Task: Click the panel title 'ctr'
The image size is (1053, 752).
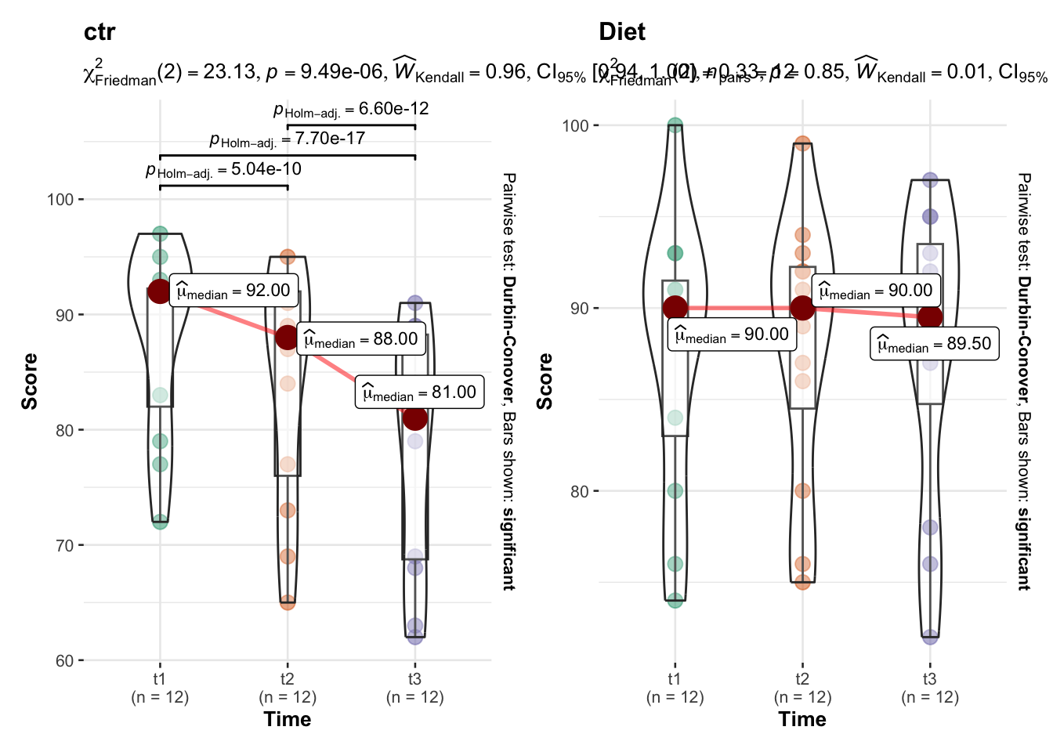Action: click(x=100, y=32)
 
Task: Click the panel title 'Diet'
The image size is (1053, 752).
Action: click(x=622, y=32)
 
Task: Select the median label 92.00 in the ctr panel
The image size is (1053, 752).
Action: click(x=233, y=291)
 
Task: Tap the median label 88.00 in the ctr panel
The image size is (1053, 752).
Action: click(x=360, y=338)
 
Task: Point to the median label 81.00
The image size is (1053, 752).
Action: click(x=419, y=392)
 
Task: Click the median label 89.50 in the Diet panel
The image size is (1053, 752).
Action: click(x=934, y=344)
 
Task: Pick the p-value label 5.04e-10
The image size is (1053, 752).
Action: click(x=223, y=170)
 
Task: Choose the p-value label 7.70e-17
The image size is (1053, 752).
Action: click(x=287, y=139)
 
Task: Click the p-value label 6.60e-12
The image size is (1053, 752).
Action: click(x=351, y=109)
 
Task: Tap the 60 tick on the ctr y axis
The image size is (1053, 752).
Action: click(x=64, y=661)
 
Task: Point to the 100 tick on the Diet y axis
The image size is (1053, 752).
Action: click(x=576, y=125)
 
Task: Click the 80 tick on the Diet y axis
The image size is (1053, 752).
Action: click(x=580, y=492)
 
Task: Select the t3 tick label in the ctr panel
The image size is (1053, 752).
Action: click(x=415, y=678)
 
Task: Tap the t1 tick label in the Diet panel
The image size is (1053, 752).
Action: click(x=675, y=678)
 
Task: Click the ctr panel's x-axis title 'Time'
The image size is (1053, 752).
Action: click(x=288, y=719)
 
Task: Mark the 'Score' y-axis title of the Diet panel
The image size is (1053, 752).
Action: click(x=545, y=381)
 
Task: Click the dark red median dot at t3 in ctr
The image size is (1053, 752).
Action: click(x=415, y=418)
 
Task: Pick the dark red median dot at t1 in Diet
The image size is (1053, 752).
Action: click(x=675, y=308)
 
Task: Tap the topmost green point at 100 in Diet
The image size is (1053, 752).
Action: click(x=675, y=125)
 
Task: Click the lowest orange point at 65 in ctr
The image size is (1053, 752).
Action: click(x=288, y=602)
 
